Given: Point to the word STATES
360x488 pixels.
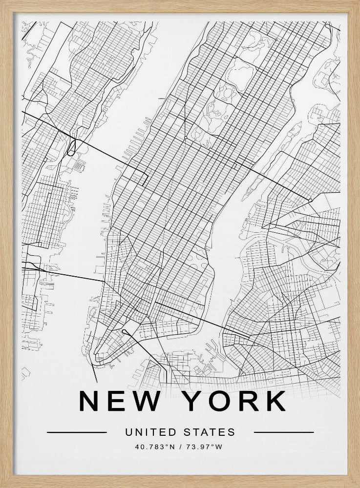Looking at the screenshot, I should click(210, 432).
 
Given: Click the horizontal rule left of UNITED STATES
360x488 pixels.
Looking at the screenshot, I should click(77, 432).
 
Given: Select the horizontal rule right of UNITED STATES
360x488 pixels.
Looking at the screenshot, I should click(284, 432).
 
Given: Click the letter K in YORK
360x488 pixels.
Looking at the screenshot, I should click(275, 401).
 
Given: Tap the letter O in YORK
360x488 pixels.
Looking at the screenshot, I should click(218, 401).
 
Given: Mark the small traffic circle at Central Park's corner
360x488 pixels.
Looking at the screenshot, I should click(185, 139).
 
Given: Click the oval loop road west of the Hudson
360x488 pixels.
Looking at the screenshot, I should click(72, 147).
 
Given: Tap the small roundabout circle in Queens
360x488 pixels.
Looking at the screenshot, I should click(310, 201).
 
